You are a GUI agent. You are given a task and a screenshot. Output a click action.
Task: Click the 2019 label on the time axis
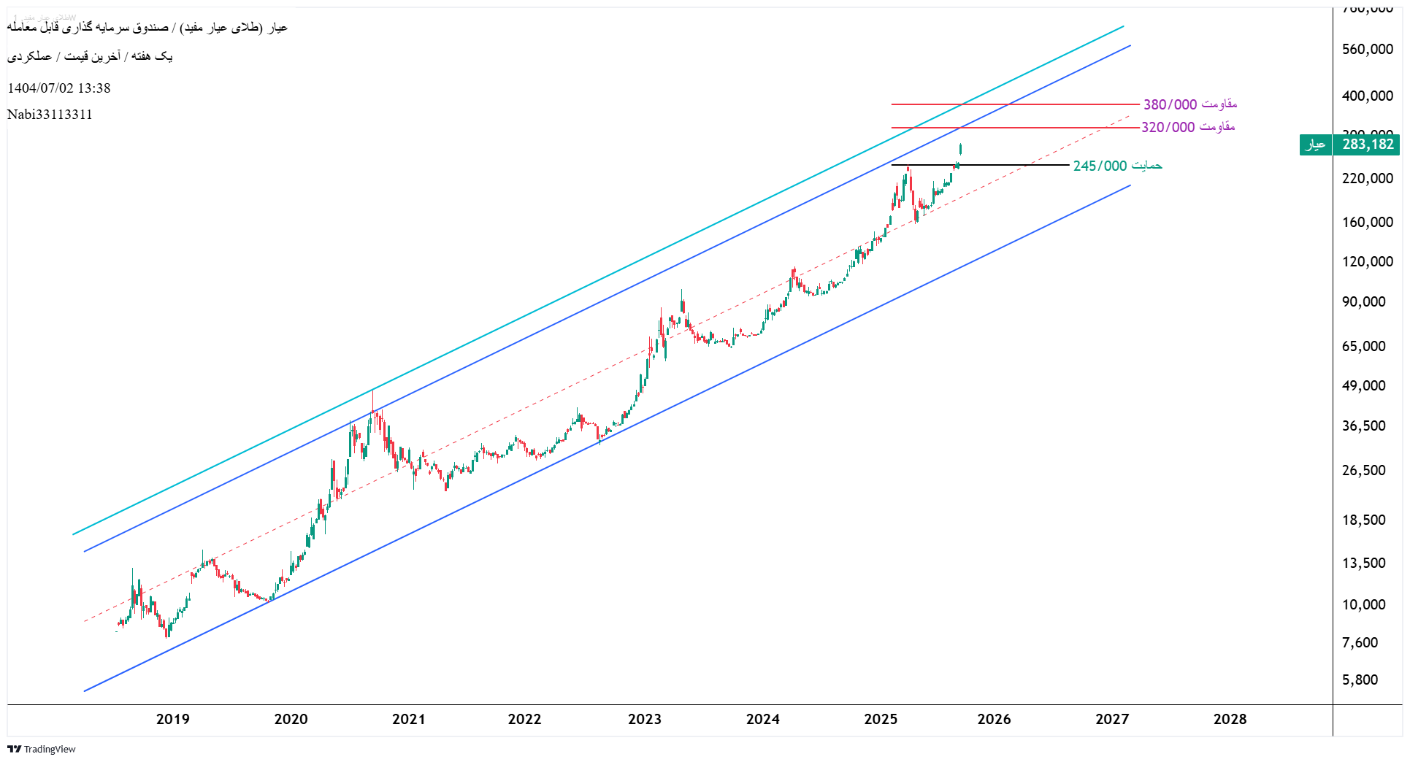click(x=172, y=719)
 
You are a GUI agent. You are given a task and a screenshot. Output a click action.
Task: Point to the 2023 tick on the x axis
click(x=644, y=719)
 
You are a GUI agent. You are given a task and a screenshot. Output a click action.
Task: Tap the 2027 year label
click(x=1111, y=719)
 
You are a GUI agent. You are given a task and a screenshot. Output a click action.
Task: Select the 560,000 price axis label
click(x=1367, y=49)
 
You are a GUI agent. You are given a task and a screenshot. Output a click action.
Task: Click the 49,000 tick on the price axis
click(x=1363, y=385)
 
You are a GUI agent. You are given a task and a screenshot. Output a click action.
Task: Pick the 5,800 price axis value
click(x=1360, y=680)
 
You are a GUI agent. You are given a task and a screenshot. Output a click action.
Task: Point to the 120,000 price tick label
click(x=1367, y=261)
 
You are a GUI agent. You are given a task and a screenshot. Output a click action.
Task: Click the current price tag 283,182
click(x=1367, y=145)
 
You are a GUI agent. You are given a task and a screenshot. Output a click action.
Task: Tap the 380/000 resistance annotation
click(x=1189, y=104)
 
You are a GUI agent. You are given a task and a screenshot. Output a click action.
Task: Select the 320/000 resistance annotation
click(x=1188, y=127)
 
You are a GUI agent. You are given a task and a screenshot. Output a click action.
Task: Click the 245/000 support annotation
click(x=1117, y=166)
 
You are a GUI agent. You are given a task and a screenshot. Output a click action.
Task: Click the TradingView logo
click(x=42, y=749)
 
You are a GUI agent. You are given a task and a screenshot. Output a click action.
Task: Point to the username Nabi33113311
click(x=50, y=115)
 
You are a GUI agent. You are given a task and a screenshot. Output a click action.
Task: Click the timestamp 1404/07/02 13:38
click(x=59, y=88)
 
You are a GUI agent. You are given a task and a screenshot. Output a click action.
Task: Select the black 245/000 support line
click(x=1022, y=165)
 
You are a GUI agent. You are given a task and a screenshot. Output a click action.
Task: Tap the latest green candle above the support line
click(x=960, y=150)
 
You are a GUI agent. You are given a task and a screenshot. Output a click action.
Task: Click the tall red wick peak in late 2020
click(x=372, y=398)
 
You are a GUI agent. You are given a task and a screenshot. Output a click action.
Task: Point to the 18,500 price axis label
click(x=1363, y=520)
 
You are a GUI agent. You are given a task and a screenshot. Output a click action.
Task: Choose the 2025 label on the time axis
click(x=880, y=719)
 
